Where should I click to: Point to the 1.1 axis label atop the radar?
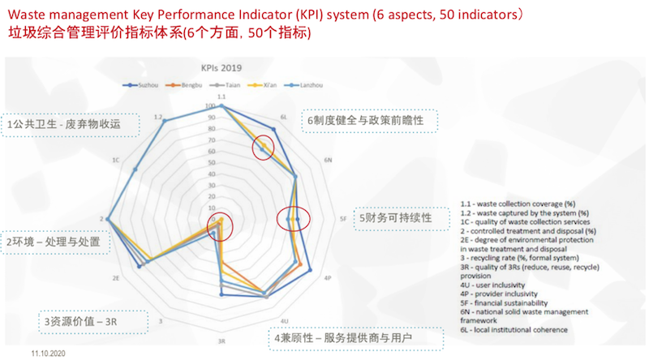coord(221,97)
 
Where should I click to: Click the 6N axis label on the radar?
coord(328,161)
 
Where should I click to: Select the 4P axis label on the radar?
coord(327,278)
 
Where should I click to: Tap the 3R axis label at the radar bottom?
coord(221,341)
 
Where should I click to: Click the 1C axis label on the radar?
coord(116,161)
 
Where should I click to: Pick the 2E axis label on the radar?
coord(116,278)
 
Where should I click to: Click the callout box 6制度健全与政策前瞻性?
coord(369,120)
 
